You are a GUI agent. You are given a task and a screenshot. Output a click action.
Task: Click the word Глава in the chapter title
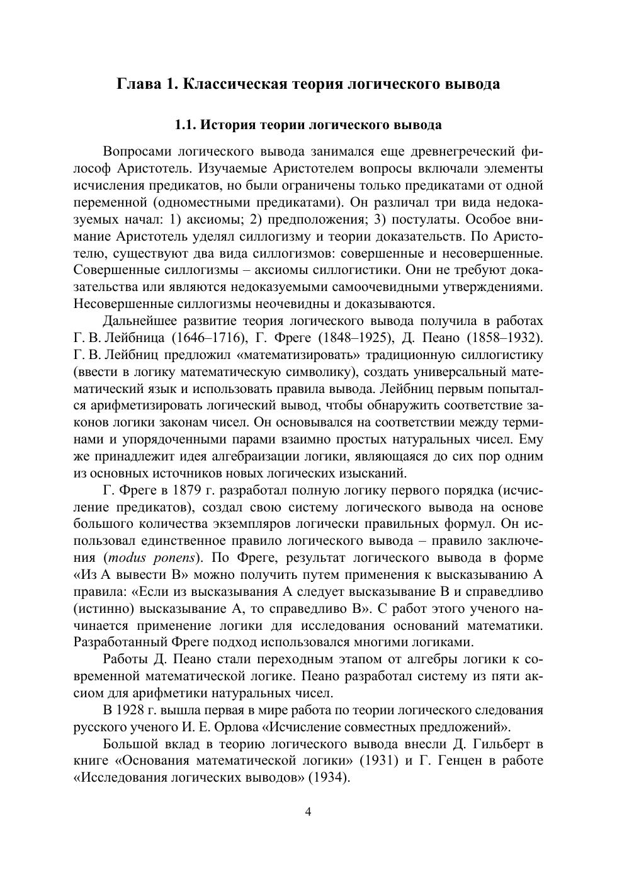[138, 84]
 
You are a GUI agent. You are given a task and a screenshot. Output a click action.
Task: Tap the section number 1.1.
[186, 125]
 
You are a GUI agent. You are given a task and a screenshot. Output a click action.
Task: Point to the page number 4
[308, 811]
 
